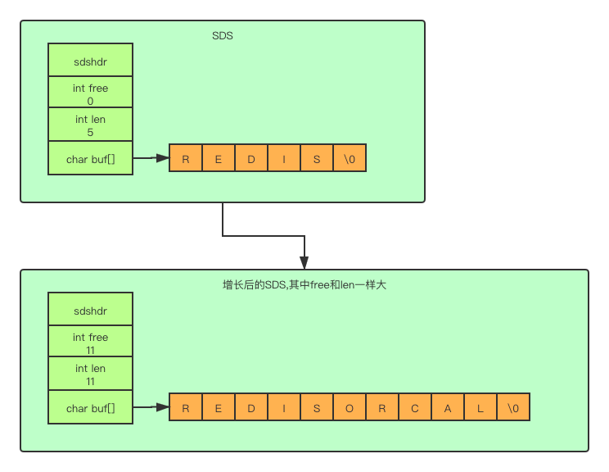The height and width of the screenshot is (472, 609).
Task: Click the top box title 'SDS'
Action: pos(223,36)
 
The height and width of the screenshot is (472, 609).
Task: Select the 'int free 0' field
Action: pos(90,94)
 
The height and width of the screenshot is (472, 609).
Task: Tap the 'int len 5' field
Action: pos(90,125)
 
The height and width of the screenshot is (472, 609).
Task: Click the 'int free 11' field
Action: pos(90,343)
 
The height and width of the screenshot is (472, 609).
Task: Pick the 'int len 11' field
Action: pos(90,374)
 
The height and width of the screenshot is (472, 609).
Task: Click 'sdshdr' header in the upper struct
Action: pos(90,61)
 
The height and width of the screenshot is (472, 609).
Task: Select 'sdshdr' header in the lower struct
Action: pos(90,311)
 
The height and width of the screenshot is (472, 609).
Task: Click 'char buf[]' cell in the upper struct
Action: pos(90,159)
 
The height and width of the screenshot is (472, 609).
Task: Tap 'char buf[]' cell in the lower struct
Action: pos(90,408)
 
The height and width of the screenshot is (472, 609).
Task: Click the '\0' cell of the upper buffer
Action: pos(350,159)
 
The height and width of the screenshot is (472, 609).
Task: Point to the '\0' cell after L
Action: pos(513,408)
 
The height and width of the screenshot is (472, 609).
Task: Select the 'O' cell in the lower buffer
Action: pos(350,408)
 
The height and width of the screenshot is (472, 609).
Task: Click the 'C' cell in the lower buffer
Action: pos(415,408)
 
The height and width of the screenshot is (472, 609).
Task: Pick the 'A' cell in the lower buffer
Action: pos(448,408)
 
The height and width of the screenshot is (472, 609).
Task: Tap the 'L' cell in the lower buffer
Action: pos(480,408)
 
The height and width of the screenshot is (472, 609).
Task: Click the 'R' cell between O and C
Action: pos(382,408)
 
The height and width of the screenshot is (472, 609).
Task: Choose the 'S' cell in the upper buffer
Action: pos(317,159)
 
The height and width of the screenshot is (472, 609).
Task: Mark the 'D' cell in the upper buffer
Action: pos(251,159)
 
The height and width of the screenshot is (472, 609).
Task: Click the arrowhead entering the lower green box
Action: pos(304,262)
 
